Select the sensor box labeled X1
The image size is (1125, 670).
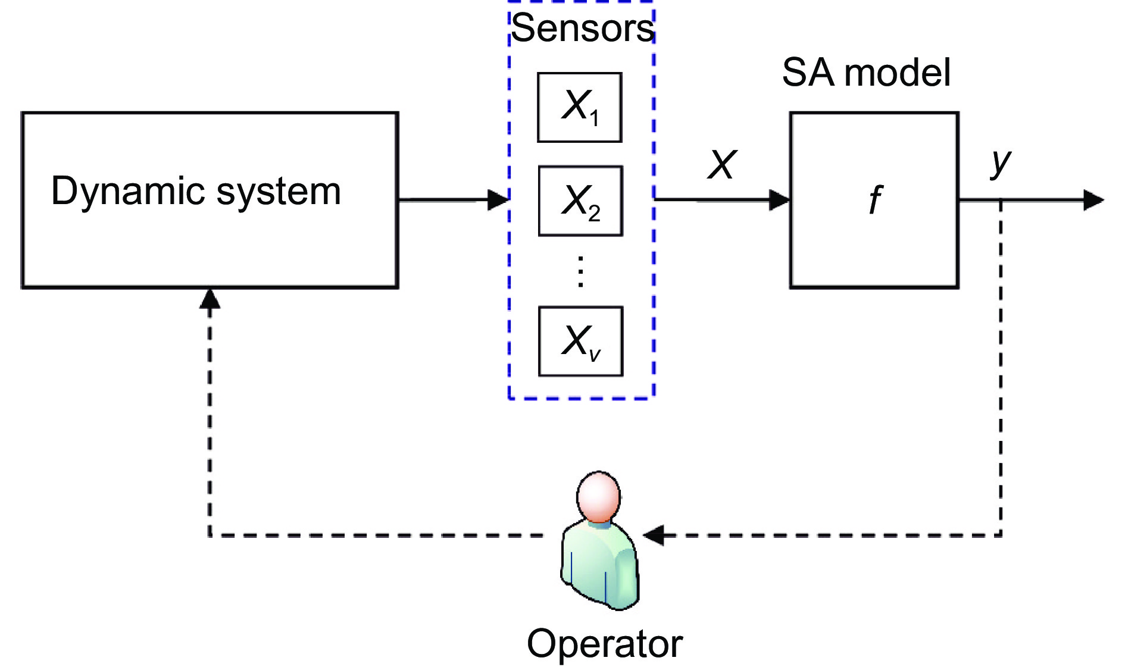(580, 108)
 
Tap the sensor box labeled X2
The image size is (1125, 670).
(580, 201)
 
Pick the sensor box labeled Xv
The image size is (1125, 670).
(580, 342)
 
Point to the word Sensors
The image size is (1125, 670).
(583, 28)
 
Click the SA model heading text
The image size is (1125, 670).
(866, 73)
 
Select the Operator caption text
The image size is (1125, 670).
(605, 644)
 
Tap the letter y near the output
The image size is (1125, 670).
(1001, 162)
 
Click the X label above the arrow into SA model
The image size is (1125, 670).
(723, 164)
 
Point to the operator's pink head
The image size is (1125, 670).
(598, 496)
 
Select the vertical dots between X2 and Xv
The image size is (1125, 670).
(580, 271)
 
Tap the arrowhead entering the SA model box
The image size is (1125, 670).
(779, 200)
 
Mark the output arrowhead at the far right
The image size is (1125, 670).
(1093, 200)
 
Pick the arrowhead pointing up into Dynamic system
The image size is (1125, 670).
(210, 299)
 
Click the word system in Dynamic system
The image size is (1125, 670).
(279, 192)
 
